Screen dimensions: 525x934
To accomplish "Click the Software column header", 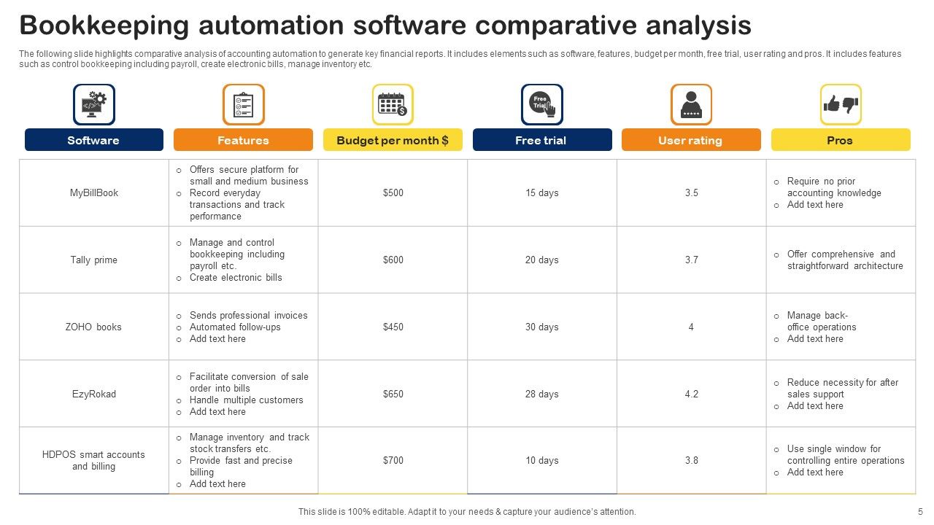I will point(93,140).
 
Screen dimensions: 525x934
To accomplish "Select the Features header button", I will point(243,140).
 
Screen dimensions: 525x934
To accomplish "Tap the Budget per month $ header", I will point(393,140).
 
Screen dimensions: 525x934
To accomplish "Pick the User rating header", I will point(690,140).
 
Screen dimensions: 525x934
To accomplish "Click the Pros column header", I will point(840,140).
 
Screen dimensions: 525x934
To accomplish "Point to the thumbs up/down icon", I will point(841,104).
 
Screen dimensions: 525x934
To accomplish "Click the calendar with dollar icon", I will point(393,104).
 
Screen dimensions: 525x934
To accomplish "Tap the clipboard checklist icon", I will point(243,104).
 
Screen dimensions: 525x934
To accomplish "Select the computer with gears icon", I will point(94,104).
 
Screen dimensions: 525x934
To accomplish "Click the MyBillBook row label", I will point(94,193).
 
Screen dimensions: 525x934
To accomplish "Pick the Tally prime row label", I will point(94,260).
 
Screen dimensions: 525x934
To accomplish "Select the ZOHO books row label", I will point(94,327).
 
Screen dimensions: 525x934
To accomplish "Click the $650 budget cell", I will point(393,394).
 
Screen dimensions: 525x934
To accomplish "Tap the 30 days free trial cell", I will point(542,327).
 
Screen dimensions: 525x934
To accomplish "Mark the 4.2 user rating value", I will point(691,394).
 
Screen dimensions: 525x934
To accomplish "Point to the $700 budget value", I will point(393,461).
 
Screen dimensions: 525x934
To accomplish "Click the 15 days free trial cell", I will point(542,193).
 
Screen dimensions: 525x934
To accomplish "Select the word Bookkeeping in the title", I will point(105,26).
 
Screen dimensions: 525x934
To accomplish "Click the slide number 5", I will point(920,512).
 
